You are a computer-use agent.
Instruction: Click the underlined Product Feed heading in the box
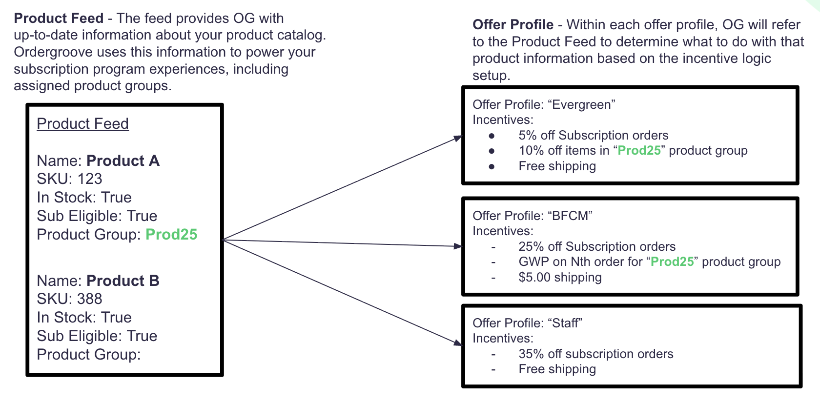[82, 124]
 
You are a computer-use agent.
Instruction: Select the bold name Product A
[123, 161]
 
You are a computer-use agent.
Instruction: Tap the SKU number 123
[90, 179]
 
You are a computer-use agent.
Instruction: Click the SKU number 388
[90, 299]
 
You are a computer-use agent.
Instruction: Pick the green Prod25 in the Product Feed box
[171, 235]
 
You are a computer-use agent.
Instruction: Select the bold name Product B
[123, 281]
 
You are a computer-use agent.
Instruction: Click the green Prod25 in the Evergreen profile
[639, 151]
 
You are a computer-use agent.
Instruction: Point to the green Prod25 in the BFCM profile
[672, 262]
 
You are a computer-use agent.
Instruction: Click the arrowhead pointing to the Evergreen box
[458, 138]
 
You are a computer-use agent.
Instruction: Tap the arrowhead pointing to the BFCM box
[458, 246]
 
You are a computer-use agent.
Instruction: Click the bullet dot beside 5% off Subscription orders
[492, 136]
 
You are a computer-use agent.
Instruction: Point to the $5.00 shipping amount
[534, 278]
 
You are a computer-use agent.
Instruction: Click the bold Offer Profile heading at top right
[513, 25]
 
